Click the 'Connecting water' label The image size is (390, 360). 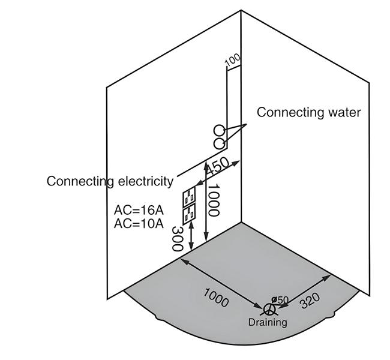click(309, 112)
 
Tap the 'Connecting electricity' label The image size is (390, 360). click(110, 181)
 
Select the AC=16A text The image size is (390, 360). click(139, 211)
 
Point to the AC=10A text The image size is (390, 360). click(139, 224)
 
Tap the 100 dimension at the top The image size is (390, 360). click(232, 60)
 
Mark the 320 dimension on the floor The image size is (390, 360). click(310, 300)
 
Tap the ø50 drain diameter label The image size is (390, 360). click(280, 299)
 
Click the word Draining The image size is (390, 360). click(268, 322)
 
